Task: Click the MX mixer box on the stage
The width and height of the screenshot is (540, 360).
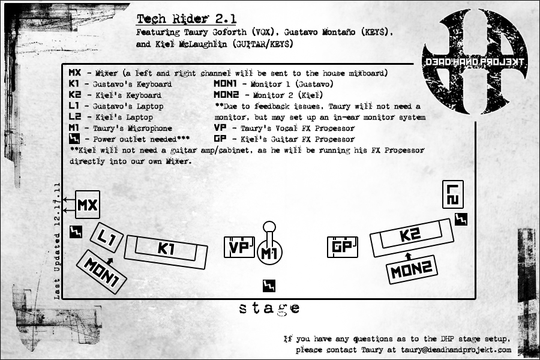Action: click(x=87, y=205)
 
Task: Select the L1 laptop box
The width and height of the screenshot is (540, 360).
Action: click(x=107, y=238)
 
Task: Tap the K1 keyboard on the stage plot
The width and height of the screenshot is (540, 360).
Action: click(x=166, y=248)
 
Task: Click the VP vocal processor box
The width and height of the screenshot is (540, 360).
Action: click(x=239, y=247)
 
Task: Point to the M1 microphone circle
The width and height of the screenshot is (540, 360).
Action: click(x=269, y=253)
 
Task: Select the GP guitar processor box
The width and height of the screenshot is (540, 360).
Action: click(x=342, y=247)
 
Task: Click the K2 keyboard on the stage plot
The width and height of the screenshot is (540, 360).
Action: click(x=411, y=236)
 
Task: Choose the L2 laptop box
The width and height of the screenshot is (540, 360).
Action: click(x=453, y=194)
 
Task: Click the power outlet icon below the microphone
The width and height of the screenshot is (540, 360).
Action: click(x=269, y=286)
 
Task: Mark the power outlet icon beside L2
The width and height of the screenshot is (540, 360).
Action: click(x=460, y=220)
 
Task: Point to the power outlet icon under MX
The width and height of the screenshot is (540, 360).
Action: click(x=76, y=232)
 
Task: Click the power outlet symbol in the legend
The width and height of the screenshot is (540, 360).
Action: click(x=75, y=139)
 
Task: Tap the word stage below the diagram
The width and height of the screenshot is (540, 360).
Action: click(x=269, y=308)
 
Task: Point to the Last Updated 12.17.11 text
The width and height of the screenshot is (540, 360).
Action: click(x=58, y=240)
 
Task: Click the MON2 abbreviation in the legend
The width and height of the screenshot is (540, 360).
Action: click(x=227, y=95)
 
